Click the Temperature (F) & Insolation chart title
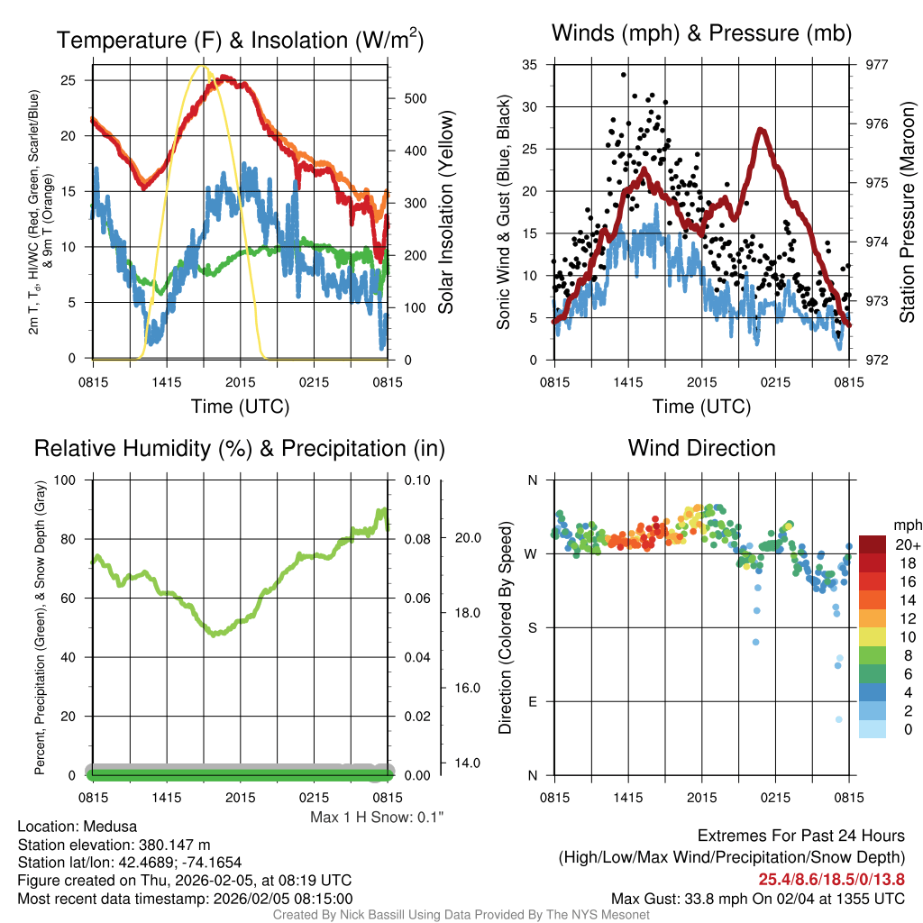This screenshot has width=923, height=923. click(240, 40)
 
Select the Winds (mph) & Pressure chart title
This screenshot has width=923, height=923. click(701, 33)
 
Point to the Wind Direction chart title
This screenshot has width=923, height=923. click(701, 448)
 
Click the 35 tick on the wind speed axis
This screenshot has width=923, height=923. click(530, 65)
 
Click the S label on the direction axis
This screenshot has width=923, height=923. click(533, 627)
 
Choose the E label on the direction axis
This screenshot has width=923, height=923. click(533, 701)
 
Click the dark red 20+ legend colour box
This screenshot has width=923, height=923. click(872, 544)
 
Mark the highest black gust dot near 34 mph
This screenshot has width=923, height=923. click(623, 76)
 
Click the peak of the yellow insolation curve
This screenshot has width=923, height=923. click(202, 66)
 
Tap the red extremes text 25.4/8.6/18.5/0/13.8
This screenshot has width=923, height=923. click(831, 880)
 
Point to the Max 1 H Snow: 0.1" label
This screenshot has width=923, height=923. click(377, 817)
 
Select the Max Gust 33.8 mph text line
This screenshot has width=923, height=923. click(757, 898)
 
